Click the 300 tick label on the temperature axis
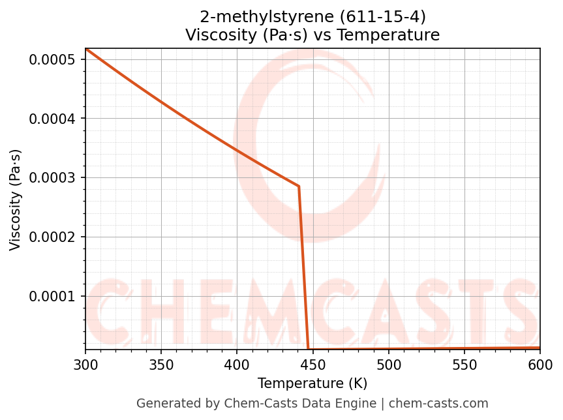[x=85, y=363]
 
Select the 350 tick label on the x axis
[x=160, y=363]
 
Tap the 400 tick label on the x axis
[x=237, y=363]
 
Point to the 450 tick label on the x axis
[x=312, y=363]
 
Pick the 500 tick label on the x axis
[x=388, y=363]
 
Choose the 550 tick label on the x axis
[x=464, y=363]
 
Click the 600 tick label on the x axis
[x=540, y=363]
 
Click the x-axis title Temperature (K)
[x=312, y=383]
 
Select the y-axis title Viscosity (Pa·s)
[x=16, y=200]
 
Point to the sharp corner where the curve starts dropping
[x=299, y=187]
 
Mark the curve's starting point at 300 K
[x=85, y=49]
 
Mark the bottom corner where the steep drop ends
[x=309, y=349]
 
